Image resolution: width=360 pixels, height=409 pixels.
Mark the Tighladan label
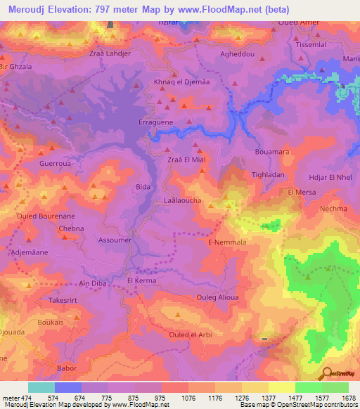coord(268,174)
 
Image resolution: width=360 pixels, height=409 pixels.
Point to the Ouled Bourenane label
coord(43,216)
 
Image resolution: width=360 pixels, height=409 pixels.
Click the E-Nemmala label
coord(226,242)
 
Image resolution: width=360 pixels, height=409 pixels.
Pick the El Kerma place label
coord(141,280)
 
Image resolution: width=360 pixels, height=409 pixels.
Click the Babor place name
coord(65,368)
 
